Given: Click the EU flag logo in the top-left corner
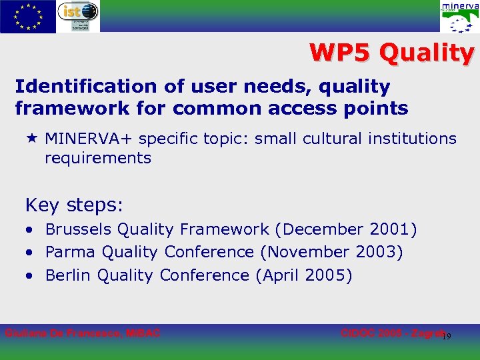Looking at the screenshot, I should tap(28, 17).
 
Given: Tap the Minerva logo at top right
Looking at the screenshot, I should tap(459, 17).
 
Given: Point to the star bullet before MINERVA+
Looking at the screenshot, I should tap(31, 139).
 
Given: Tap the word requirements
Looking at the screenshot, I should tap(98, 159).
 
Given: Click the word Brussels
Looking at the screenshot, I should tap(79, 230).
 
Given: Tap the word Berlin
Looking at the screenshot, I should tap(69, 275).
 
